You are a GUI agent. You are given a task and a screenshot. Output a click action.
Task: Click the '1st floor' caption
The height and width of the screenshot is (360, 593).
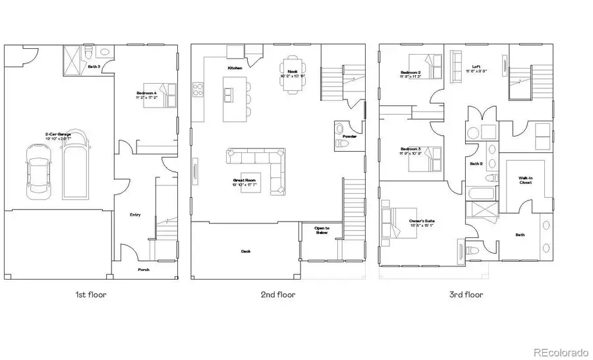point(90,295)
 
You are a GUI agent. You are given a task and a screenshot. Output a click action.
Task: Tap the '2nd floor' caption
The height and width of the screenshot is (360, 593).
point(277,295)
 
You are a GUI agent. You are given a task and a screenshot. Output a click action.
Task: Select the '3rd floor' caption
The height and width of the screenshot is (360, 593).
point(465,295)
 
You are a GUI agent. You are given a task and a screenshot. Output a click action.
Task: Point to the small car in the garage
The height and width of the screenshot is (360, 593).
point(37,170)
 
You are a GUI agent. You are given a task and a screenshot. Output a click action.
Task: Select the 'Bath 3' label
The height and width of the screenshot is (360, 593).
point(94,67)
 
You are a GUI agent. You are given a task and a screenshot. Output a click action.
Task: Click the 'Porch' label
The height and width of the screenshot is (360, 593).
point(144,270)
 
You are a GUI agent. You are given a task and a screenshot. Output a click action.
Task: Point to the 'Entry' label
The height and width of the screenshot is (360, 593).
point(135,214)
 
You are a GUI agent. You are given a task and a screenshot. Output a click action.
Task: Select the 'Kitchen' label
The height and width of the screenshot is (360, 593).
point(235,68)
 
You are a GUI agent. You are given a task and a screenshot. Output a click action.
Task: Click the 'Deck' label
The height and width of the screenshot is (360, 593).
point(245,251)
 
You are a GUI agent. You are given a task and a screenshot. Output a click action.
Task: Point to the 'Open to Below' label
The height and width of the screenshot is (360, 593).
point(322,230)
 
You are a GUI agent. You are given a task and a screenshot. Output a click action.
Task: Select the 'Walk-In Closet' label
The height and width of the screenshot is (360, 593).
point(526,180)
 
